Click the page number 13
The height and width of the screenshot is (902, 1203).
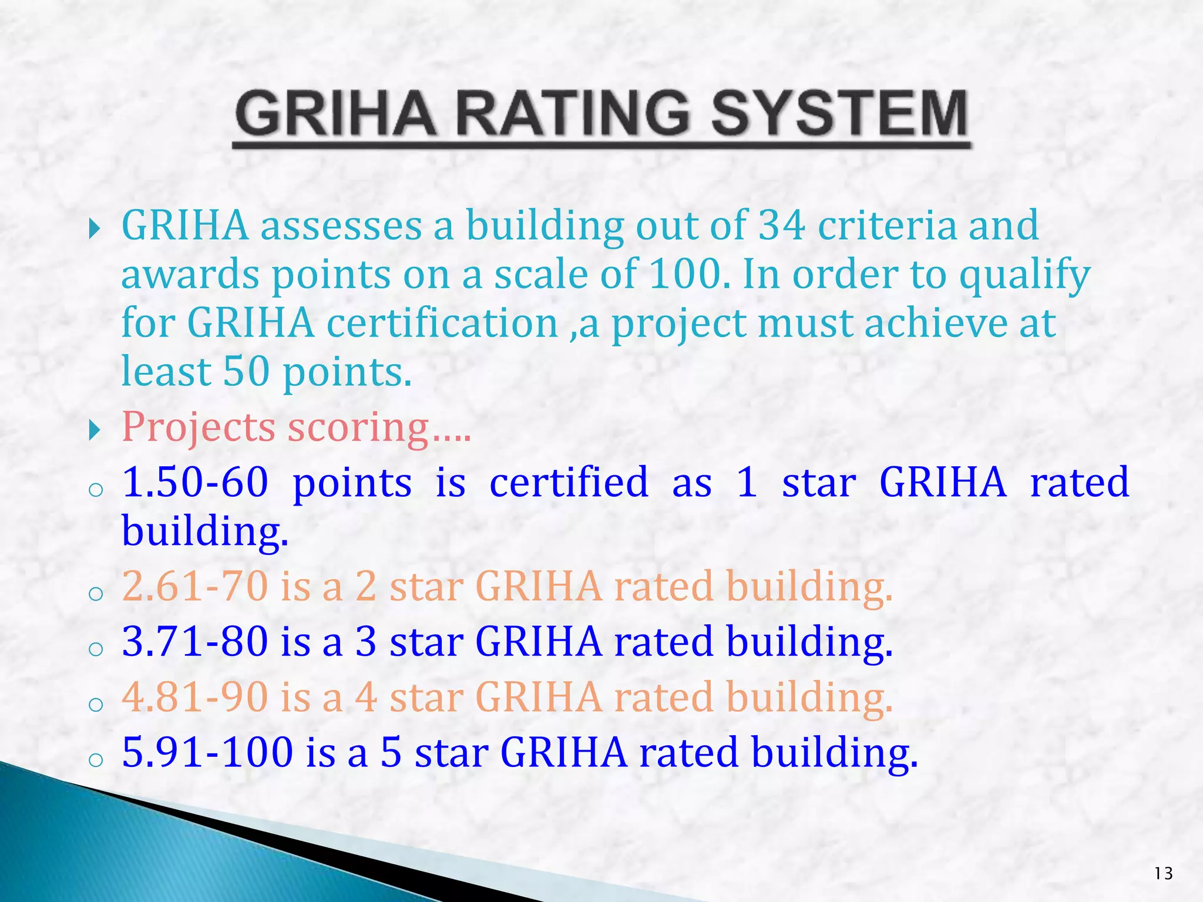[1163, 874]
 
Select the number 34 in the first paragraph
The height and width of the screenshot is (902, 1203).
[781, 225]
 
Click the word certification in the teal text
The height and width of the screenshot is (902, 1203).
[442, 324]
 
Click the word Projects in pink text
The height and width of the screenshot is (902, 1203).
[199, 427]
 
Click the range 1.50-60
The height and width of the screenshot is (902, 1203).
[195, 482]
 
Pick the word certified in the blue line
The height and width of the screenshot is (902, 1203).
[569, 482]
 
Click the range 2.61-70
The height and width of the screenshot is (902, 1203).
[195, 587]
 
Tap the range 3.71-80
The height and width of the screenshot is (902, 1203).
[195, 641]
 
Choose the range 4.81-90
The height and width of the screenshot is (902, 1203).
[195, 697]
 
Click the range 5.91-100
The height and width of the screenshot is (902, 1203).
[207, 752]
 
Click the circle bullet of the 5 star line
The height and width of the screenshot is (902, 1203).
[96, 760]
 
